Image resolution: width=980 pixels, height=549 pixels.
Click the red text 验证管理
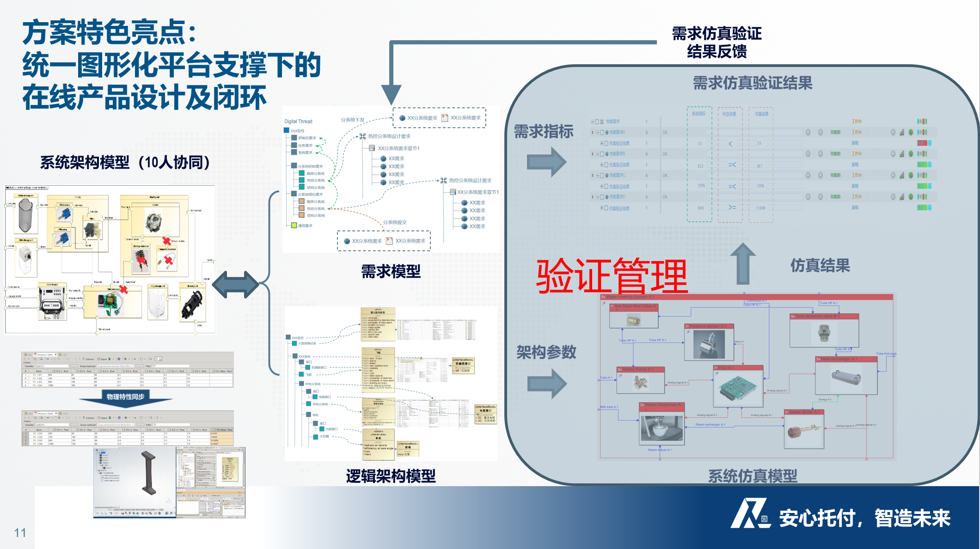click(x=612, y=276)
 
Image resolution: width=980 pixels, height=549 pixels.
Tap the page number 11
click(x=20, y=533)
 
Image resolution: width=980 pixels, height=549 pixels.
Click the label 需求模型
click(x=391, y=271)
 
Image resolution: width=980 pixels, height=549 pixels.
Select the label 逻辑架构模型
click(x=391, y=476)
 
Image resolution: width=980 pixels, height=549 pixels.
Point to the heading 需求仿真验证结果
click(x=752, y=83)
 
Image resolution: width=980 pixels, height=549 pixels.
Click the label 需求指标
click(x=544, y=132)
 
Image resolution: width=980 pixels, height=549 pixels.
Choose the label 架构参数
click(x=546, y=352)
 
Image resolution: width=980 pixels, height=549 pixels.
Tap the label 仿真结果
click(x=820, y=265)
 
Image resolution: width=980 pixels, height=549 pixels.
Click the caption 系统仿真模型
click(x=752, y=476)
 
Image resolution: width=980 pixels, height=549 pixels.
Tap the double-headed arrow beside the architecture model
click(x=236, y=284)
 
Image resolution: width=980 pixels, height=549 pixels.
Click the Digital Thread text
click(x=298, y=122)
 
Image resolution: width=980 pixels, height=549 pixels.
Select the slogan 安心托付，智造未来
click(x=864, y=518)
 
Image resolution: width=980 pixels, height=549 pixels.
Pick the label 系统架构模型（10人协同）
click(x=125, y=162)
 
